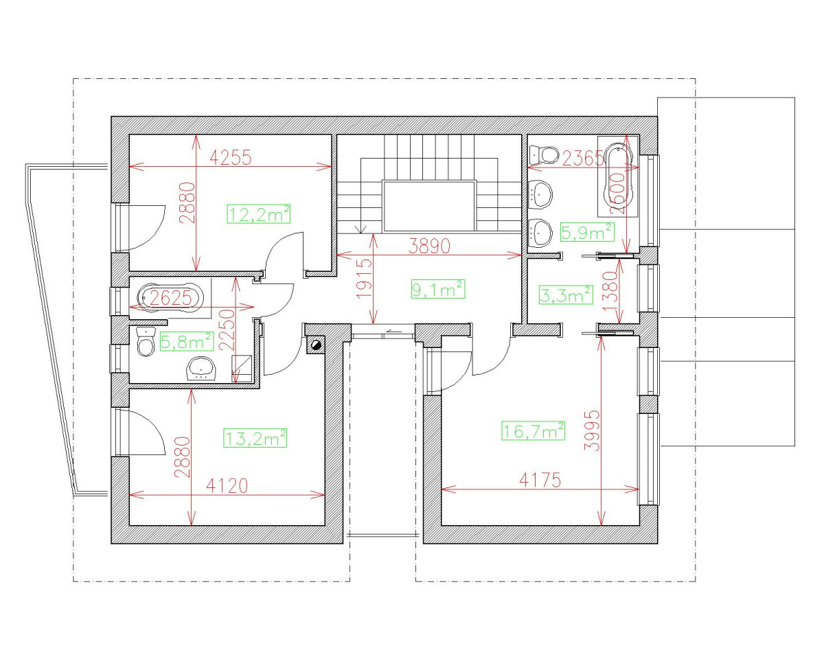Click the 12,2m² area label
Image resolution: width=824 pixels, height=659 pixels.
coord(258,215)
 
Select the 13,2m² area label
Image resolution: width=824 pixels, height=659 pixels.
coord(255,438)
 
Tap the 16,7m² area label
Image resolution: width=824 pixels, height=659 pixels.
coord(534,431)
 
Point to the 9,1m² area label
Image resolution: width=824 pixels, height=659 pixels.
coord(437,290)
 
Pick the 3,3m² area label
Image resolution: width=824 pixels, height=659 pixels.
coord(566,296)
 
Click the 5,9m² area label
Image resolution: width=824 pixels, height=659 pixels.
coord(586,233)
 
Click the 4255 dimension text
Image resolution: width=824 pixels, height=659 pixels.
coord(231,157)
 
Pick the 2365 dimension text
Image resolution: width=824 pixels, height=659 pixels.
coord(583,159)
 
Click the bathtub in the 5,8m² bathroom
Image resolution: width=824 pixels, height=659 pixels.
coord(170,298)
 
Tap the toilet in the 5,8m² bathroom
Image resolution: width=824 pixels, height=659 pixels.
coord(145,343)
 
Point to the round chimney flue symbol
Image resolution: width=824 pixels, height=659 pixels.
coord(316,345)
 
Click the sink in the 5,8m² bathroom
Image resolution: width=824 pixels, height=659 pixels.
coord(202,368)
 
